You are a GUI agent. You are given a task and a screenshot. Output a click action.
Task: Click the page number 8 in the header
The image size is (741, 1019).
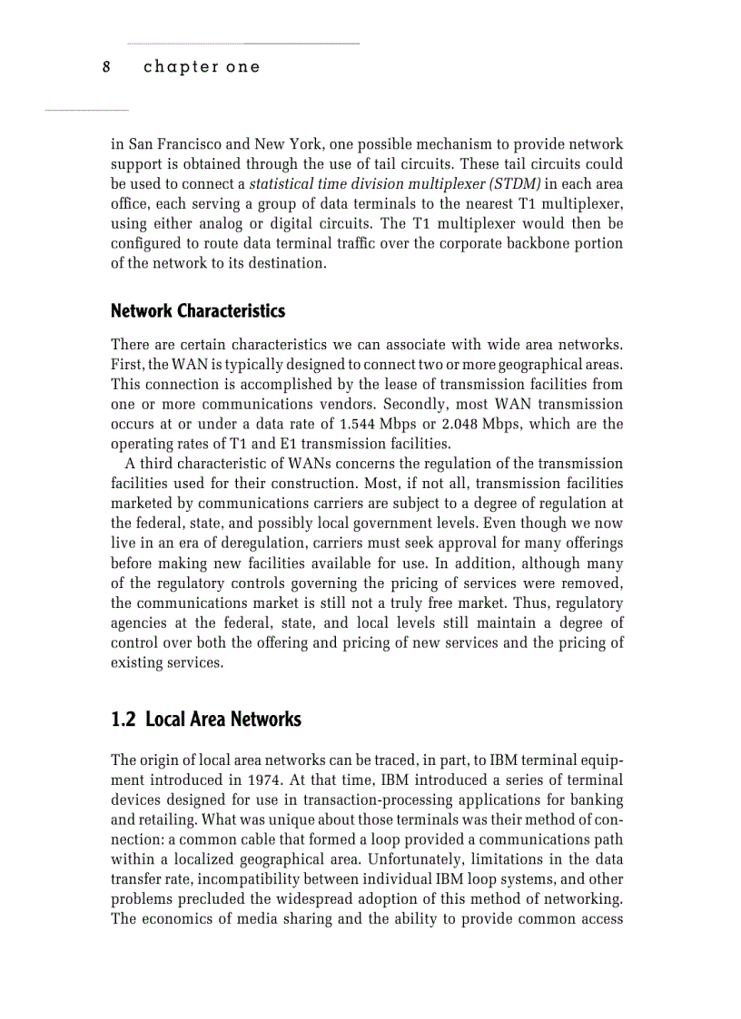click(x=106, y=67)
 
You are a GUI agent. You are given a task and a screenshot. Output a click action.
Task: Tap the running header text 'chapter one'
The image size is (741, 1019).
click(x=202, y=67)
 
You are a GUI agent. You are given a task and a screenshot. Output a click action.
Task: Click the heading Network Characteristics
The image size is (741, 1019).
click(x=197, y=311)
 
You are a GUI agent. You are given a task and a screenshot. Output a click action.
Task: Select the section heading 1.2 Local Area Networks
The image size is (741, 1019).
click(x=205, y=720)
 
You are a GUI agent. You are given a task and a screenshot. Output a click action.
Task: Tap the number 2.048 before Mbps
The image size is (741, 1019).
click(x=481, y=424)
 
